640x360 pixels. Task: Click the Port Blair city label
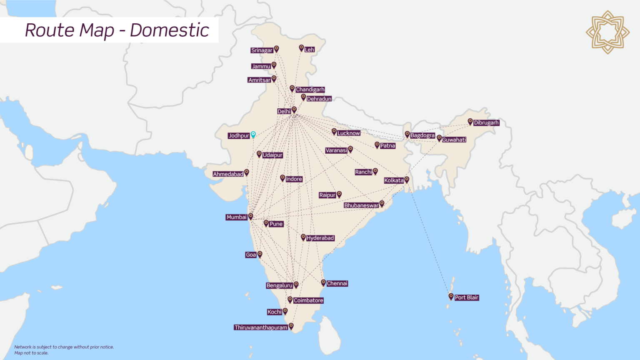(x=467, y=297)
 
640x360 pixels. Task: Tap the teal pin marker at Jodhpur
(x=253, y=135)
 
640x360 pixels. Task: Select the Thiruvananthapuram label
(x=261, y=327)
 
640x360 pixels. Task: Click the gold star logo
(x=607, y=32)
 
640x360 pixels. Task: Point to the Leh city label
(x=309, y=50)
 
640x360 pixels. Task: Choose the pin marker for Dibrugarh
(x=470, y=122)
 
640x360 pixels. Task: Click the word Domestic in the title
(x=169, y=30)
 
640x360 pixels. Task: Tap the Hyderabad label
(x=320, y=238)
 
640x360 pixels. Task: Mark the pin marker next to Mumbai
(x=250, y=216)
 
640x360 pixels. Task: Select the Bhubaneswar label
(x=361, y=205)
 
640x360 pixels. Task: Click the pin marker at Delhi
(x=294, y=110)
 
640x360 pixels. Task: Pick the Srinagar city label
(x=262, y=50)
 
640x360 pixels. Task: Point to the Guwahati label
(x=454, y=140)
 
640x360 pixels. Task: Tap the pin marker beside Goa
(x=260, y=254)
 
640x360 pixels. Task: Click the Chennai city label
(x=337, y=283)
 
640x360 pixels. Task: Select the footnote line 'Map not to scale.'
(x=31, y=353)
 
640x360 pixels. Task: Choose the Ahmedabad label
(x=228, y=174)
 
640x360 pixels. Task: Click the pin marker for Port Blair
(x=451, y=296)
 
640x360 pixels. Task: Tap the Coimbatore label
(x=308, y=300)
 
